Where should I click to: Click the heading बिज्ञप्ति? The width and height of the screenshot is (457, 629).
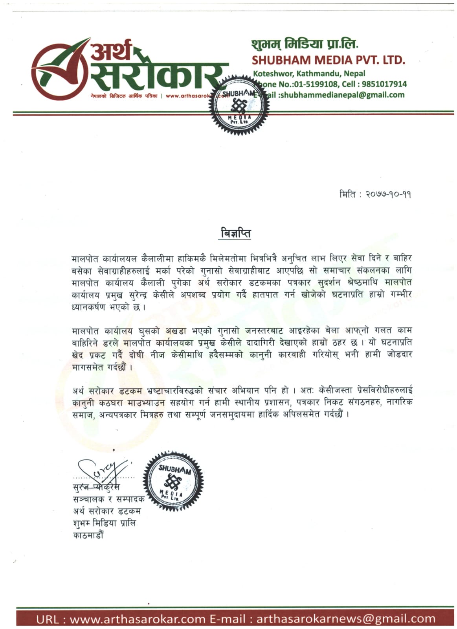pos(235,233)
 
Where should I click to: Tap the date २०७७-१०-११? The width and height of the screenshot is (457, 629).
pos(388,195)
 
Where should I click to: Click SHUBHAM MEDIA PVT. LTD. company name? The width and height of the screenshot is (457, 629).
pos(328,60)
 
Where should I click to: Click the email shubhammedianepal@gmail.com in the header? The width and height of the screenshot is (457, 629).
pos(341,95)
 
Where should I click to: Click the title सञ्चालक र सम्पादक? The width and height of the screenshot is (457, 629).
pos(109,500)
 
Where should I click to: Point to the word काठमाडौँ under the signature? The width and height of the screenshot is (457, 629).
pos(88,535)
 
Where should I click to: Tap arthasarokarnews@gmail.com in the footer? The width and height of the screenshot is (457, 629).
pos(346,619)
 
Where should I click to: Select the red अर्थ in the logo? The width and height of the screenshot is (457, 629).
pos(112,52)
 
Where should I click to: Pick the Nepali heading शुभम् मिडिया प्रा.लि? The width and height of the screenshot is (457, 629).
pos(305,44)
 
